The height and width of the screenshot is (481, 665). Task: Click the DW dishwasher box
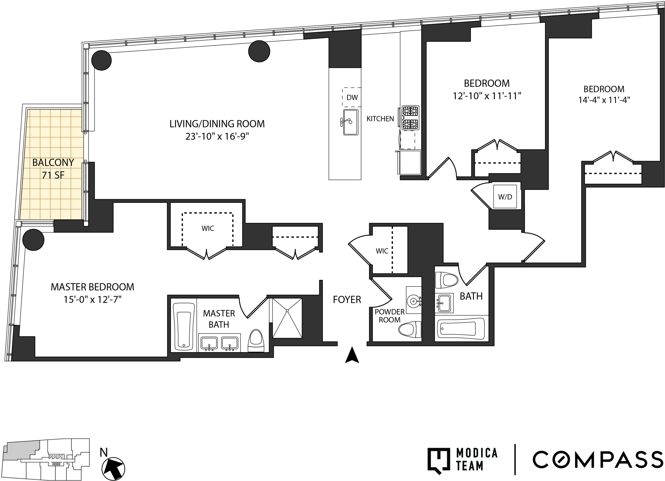352,97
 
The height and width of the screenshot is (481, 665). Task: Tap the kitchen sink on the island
351,122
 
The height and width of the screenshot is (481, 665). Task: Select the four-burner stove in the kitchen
410,118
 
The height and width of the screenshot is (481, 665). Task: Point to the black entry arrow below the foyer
352,355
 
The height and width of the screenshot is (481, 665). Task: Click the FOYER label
347,300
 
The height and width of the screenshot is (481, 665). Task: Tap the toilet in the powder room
410,329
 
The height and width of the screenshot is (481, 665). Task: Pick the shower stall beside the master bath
287,318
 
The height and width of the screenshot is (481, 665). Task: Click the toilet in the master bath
256,341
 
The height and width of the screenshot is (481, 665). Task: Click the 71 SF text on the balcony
53,175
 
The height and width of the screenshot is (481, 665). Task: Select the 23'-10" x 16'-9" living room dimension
217,136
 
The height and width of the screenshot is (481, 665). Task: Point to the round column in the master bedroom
33,240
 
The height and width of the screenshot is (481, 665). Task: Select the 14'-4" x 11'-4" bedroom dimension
604,100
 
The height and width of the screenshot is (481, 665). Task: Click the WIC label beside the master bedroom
208,228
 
